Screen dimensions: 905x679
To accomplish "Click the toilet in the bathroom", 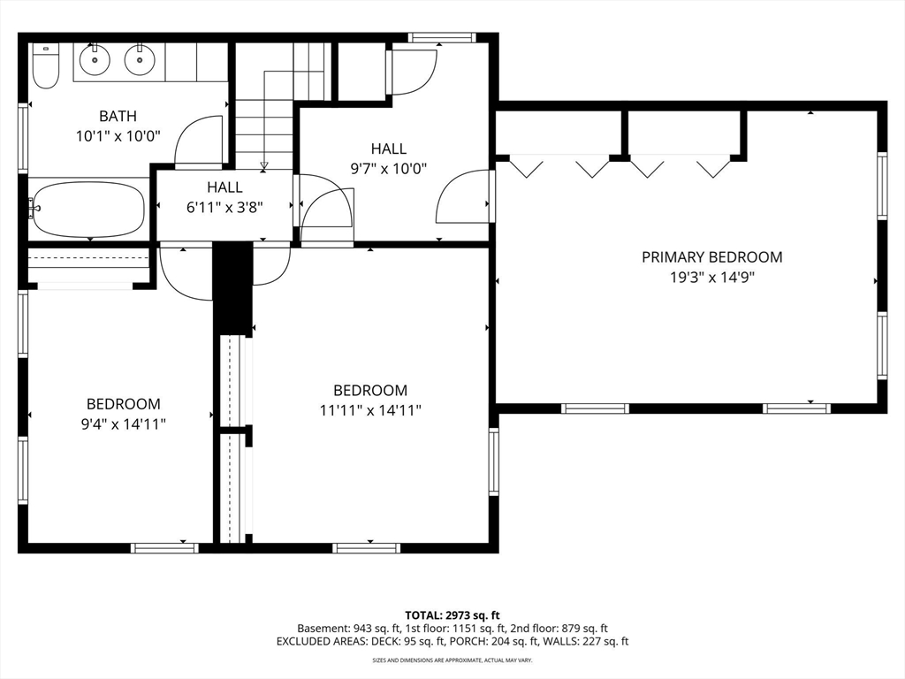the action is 45,65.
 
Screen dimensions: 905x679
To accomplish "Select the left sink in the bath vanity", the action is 94,59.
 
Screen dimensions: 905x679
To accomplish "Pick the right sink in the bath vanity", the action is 139,59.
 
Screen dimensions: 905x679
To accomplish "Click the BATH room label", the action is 118,116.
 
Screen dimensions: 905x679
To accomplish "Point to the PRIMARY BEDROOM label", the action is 712,257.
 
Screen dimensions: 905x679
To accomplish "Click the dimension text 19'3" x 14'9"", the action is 712,278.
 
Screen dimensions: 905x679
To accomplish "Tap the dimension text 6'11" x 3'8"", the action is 224,207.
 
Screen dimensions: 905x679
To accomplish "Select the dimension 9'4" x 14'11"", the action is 124,424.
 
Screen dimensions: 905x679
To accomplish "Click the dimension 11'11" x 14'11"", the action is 370,410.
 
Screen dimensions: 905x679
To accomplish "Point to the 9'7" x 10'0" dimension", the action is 389,169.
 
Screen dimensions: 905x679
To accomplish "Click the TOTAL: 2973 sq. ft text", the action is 452,615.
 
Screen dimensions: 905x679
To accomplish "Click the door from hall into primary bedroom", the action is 463,196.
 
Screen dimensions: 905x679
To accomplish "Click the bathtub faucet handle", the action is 33,208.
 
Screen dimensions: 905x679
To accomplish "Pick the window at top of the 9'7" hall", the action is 442,37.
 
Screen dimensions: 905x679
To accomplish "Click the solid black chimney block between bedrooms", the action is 233,288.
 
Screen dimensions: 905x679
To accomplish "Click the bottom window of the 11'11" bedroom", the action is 367,548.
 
